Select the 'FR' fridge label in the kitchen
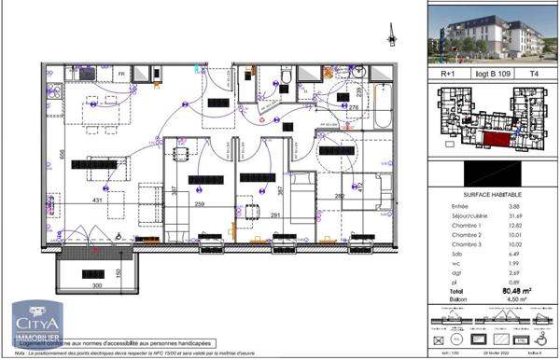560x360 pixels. [120, 73]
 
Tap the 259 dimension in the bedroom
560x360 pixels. [198, 203]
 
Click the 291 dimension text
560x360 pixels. [275, 215]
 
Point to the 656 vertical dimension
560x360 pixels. [63, 157]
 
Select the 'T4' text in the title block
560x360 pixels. [534, 70]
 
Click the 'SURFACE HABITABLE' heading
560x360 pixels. [494, 193]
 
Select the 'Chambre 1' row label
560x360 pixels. [468, 226]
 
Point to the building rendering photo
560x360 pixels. [492, 34]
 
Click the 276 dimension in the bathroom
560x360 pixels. [353, 108]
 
